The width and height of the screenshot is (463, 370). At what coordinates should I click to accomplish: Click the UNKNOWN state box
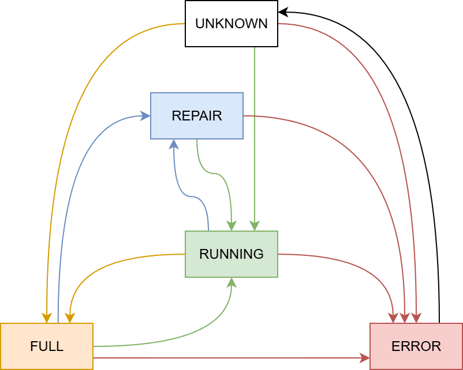tap(231, 24)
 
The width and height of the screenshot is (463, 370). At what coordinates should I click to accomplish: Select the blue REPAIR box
tap(196, 116)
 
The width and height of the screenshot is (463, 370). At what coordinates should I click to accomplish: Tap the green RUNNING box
tap(231, 254)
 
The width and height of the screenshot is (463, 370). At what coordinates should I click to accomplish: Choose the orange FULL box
tap(46, 346)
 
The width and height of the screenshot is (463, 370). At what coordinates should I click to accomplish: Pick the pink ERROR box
tap(416, 346)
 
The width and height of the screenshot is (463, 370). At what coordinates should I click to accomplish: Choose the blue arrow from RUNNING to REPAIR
tap(191, 197)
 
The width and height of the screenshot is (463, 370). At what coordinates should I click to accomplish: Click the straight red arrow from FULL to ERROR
tap(231, 358)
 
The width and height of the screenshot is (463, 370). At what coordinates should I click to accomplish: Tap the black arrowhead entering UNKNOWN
tap(283, 12)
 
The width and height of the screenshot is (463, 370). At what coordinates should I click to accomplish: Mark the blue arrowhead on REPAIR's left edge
tap(145, 116)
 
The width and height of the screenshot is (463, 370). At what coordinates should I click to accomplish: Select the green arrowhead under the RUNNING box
tap(231, 282)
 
